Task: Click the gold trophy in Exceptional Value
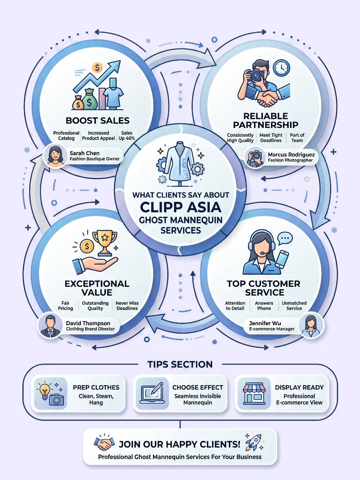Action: point(105,243)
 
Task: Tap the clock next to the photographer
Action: point(282,68)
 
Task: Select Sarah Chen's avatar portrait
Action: point(55,156)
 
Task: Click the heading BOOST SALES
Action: point(98,120)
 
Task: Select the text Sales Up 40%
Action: point(127,136)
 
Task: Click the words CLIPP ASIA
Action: point(180,207)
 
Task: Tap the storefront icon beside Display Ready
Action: point(254,394)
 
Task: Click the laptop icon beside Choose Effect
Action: point(152,394)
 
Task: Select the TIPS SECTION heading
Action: point(180,364)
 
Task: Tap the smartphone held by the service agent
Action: point(282,259)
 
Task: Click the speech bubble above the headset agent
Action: point(285,238)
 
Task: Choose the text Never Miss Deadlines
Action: point(127,306)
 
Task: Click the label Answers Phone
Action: point(264,306)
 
